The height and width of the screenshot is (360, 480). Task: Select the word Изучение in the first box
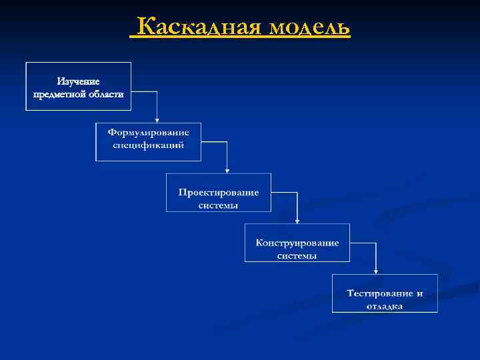78,81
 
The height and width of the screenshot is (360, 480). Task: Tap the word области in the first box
105,94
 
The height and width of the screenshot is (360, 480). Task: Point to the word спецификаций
149,145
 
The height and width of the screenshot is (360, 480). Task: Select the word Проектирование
219,192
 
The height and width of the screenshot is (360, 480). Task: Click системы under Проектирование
219,205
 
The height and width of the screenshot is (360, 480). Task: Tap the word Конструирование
297,243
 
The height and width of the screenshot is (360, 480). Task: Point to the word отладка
385,307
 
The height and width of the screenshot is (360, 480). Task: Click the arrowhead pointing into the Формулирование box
157,119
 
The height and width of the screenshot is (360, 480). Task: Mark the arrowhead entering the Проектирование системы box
227,169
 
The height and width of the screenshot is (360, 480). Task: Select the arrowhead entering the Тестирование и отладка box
377,271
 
